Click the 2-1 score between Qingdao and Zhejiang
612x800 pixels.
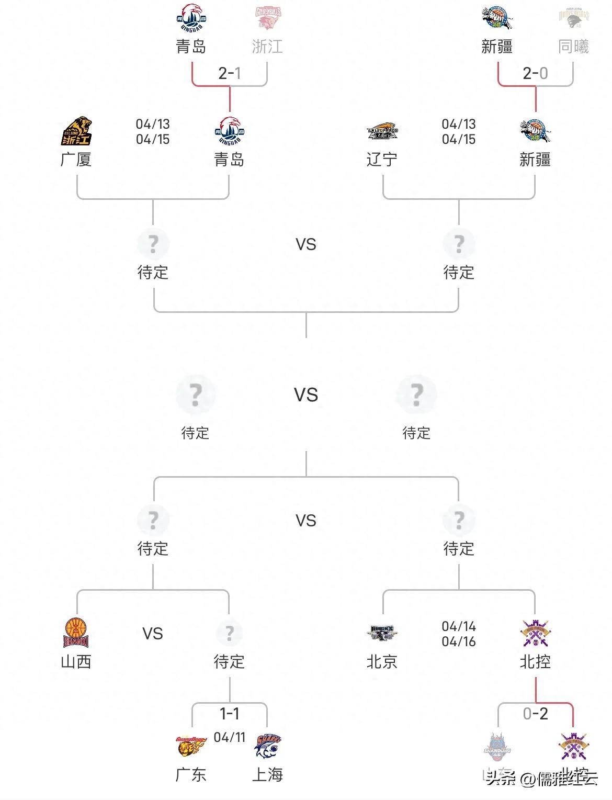[x=230, y=73]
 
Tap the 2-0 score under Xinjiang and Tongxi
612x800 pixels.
[x=535, y=73]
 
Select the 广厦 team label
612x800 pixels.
[x=76, y=159]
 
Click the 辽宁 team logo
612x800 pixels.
[x=382, y=131]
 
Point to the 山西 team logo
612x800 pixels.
[x=76, y=633]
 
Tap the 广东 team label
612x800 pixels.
[x=191, y=774]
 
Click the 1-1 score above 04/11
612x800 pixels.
[x=230, y=713]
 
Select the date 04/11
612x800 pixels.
[x=230, y=737]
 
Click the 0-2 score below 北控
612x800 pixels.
[x=535, y=713]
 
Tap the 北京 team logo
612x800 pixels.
[x=382, y=633]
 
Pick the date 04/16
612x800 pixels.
[x=459, y=641]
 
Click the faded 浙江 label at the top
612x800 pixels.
[x=267, y=47]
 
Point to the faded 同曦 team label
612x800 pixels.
[x=573, y=47]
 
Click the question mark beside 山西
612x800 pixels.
[x=229, y=633]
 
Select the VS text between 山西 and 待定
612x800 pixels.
[x=153, y=634]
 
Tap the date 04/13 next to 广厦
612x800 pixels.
[x=153, y=124]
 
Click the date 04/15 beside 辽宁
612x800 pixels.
[x=459, y=139]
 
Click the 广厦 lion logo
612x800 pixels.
[x=76, y=131]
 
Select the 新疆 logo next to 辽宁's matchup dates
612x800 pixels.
[x=535, y=131]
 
